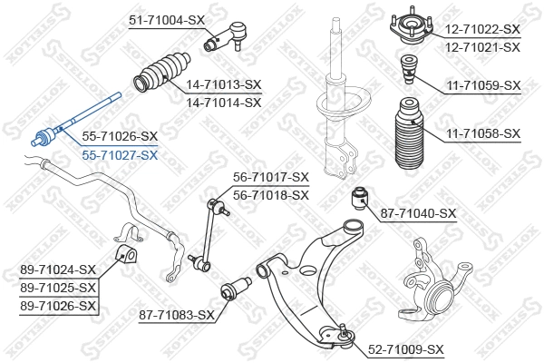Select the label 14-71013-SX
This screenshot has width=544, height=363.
(x=223, y=84)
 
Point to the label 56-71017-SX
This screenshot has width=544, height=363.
(x=271, y=177)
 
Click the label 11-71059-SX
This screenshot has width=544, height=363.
(x=483, y=85)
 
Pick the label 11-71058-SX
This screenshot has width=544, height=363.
(x=483, y=133)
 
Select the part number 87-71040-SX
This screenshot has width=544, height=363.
(x=418, y=213)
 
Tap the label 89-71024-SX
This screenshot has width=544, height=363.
(x=57, y=270)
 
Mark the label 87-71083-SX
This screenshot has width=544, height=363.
(x=176, y=315)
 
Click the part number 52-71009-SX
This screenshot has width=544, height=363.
(x=405, y=349)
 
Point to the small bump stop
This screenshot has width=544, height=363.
(x=408, y=71)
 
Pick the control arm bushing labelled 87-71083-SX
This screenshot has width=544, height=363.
(x=234, y=290)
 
